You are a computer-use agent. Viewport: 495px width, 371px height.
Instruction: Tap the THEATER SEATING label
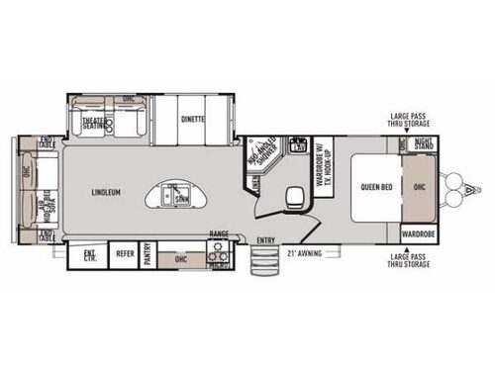[95, 125]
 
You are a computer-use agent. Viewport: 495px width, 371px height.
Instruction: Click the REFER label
[125, 253]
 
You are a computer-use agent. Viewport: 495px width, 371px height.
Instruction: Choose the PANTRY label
[147, 253]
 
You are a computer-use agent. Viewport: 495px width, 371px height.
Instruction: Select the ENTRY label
[266, 239]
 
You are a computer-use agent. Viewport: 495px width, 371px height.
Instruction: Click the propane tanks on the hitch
[457, 187]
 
